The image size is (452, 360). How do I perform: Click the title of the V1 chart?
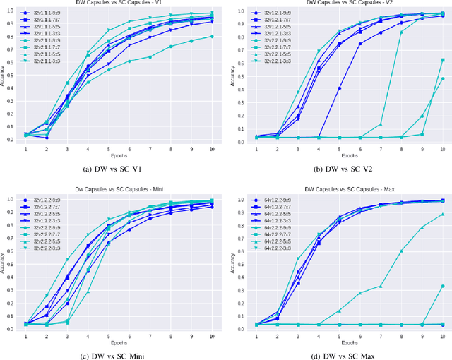(x=117, y=4)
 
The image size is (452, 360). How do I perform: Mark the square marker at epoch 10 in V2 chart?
(x=442, y=60)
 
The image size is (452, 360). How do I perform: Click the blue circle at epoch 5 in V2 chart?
(x=340, y=88)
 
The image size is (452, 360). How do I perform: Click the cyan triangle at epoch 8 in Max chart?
(x=401, y=251)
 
